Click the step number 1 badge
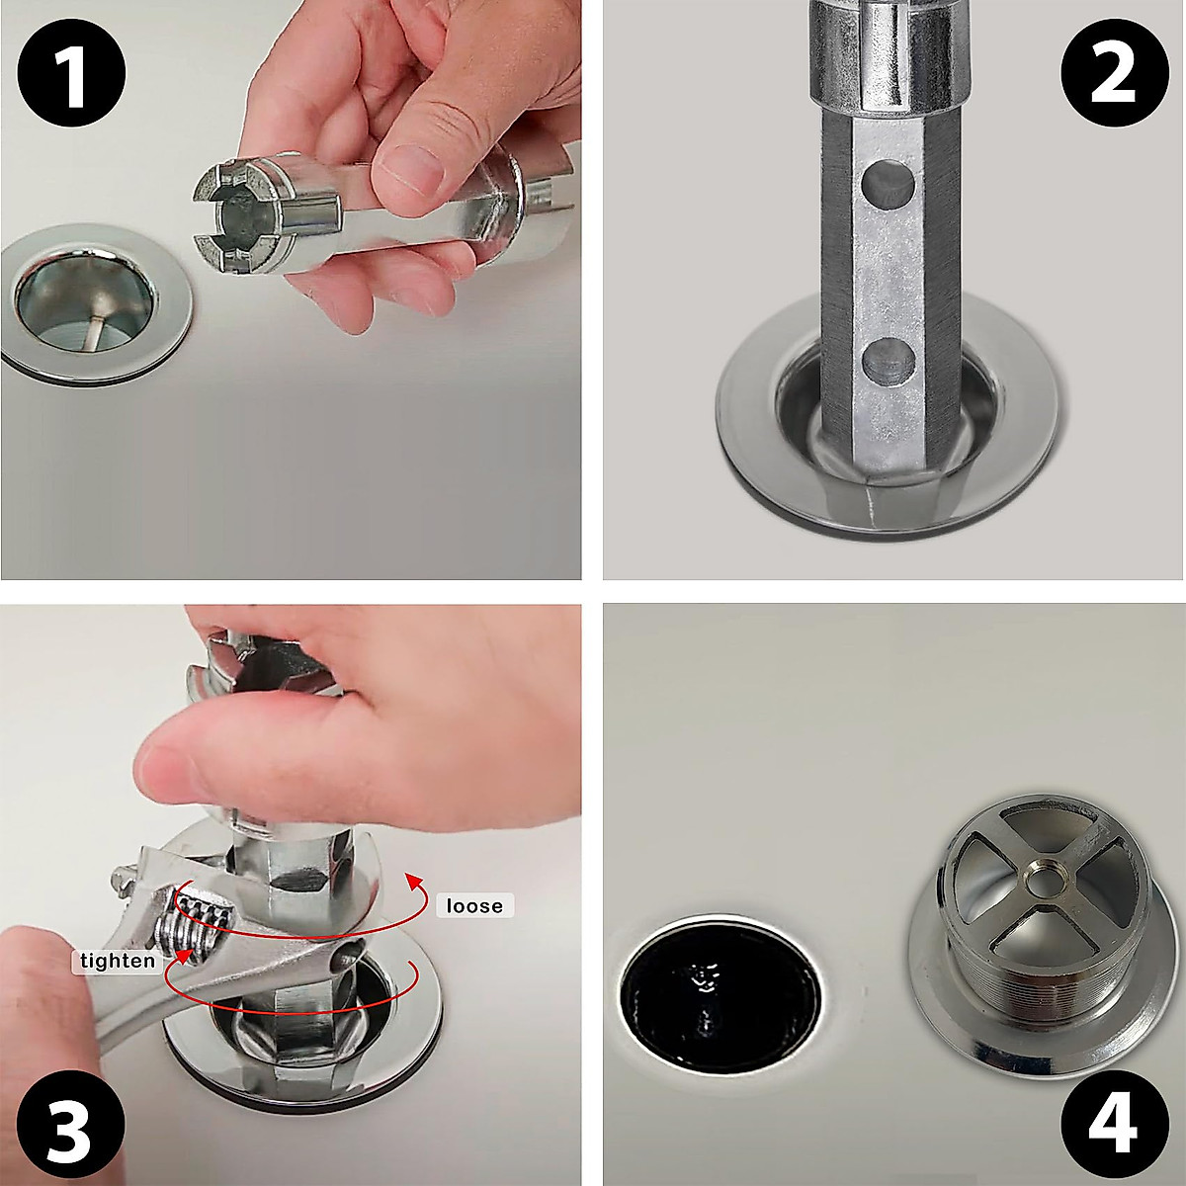point(69,71)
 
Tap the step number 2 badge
point(1114,71)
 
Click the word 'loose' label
point(474,906)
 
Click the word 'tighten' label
point(118,961)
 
